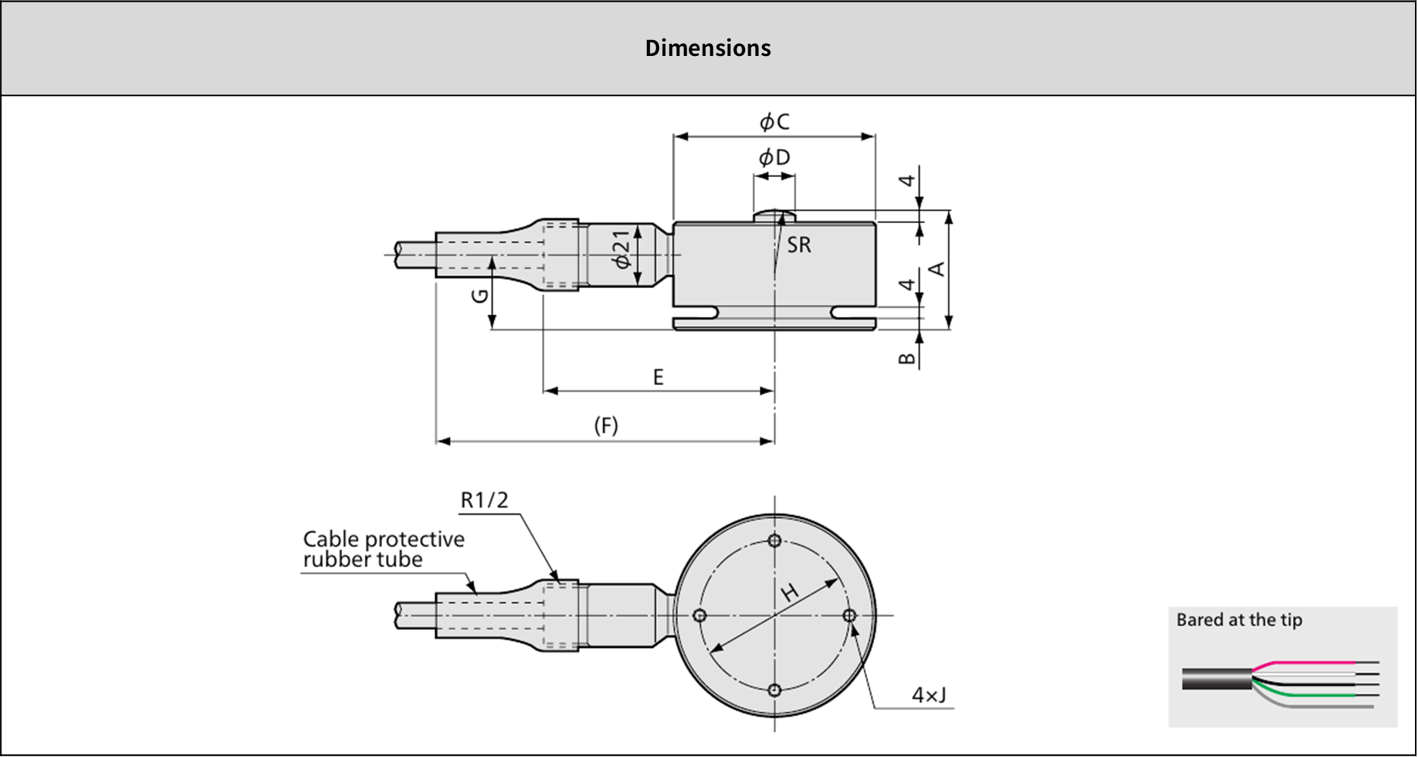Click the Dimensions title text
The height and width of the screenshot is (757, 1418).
click(707, 48)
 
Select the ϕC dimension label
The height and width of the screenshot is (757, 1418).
click(774, 122)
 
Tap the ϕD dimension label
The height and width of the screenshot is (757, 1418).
click(774, 157)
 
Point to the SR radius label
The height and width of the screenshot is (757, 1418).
click(799, 245)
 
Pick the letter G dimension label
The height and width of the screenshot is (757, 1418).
click(480, 296)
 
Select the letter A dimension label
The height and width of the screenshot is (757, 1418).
click(937, 269)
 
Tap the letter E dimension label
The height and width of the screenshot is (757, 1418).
click(658, 377)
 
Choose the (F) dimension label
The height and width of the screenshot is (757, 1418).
click(606, 426)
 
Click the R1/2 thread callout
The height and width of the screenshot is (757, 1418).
click(484, 500)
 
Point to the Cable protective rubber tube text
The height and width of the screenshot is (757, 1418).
click(384, 549)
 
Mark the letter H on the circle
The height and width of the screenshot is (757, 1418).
click(790, 592)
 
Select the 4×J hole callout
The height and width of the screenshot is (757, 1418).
click(928, 695)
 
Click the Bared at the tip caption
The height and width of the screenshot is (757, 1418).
click(1239, 620)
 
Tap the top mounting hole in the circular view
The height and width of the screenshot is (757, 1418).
click(774, 541)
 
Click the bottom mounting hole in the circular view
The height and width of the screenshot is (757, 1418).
click(774, 690)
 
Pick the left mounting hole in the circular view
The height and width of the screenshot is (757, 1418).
click(700, 616)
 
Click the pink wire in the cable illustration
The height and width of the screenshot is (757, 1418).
click(1301, 663)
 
